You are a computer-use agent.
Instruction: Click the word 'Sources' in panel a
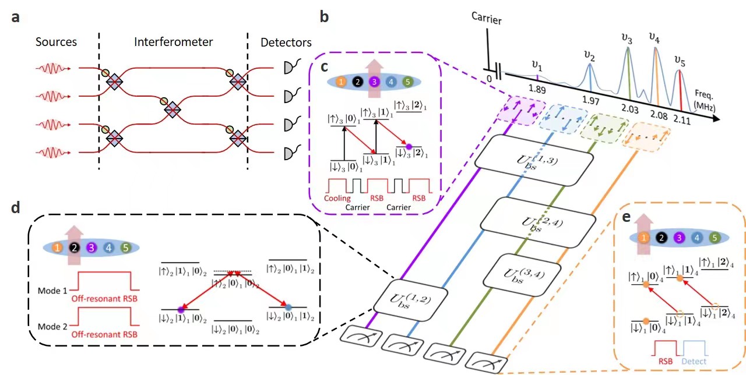tap(56, 42)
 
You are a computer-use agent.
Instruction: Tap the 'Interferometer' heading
tap(173, 42)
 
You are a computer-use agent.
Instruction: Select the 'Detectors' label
tap(286, 42)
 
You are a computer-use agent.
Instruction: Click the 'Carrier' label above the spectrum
tap(487, 20)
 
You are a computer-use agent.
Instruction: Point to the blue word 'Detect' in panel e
tap(693, 361)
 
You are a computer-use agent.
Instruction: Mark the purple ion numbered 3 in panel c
tap(374, 82)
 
